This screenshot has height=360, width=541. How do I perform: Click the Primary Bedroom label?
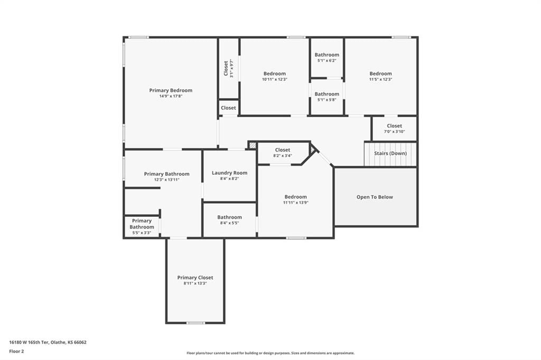[x=171, y=90]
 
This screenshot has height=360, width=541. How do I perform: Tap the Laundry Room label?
[x=229, y=173]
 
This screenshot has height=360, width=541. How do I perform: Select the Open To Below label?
[x=375, y=197]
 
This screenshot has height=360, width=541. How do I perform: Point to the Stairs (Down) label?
[x=390, y=153]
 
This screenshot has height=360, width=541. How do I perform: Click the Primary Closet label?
[x=195, y=278]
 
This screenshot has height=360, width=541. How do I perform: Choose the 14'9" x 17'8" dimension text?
[x=171, y=96]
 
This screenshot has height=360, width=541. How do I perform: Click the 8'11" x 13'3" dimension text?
[x=195, y=283]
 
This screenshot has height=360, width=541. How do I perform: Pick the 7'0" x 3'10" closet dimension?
[x=394, y=132]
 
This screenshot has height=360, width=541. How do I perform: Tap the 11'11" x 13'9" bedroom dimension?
[x=296, y=203]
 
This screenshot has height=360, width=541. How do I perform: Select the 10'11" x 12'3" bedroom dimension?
[x=275, y=79]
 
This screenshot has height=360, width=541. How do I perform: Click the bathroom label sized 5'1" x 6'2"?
[x=327, y=55]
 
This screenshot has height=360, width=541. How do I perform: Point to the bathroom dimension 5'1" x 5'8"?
[x=327, y=100]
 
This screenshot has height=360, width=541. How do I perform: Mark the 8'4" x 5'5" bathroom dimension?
[x=229, y=223]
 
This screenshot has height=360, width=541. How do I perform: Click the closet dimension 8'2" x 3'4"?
[x=283, y=156]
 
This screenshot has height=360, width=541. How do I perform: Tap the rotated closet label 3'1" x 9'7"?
[x=231, y=68]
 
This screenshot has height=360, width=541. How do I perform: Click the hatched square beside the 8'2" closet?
[x=253, y=146]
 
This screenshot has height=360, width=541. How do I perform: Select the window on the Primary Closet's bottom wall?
[x=195, y=323]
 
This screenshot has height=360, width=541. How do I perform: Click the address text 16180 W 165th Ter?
[x=30, y=343]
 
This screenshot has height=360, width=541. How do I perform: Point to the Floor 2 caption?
[x=16, y=352]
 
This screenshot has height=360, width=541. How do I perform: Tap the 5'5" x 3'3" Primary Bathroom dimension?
[x=142, y=233]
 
